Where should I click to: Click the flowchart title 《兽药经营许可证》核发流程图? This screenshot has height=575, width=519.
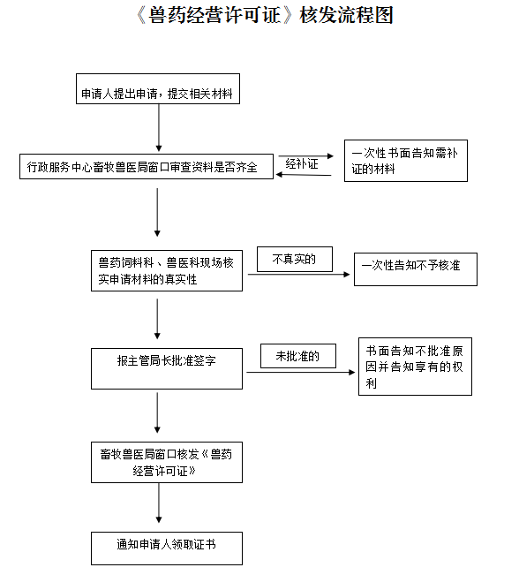(x=265, y=16)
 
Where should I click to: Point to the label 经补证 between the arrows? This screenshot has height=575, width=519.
(x=302, y=164)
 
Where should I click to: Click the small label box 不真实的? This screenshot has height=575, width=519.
(x=295, y=260)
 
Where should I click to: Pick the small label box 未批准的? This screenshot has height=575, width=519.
(x=298, y=356)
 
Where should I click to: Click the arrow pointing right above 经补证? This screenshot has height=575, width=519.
(x=306, y=155)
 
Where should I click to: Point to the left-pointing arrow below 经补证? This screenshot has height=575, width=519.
(x=304, y=175)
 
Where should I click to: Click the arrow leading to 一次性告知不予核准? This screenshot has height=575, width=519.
(x=298, y=275)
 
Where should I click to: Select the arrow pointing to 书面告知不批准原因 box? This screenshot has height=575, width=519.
(x=301, y=372)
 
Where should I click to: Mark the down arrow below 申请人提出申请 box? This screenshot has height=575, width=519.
(x=159, y=127)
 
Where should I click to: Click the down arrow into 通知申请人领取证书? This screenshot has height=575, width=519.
(x=159, y=503)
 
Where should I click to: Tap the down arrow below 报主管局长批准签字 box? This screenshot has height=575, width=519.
(x=157, y=412)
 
